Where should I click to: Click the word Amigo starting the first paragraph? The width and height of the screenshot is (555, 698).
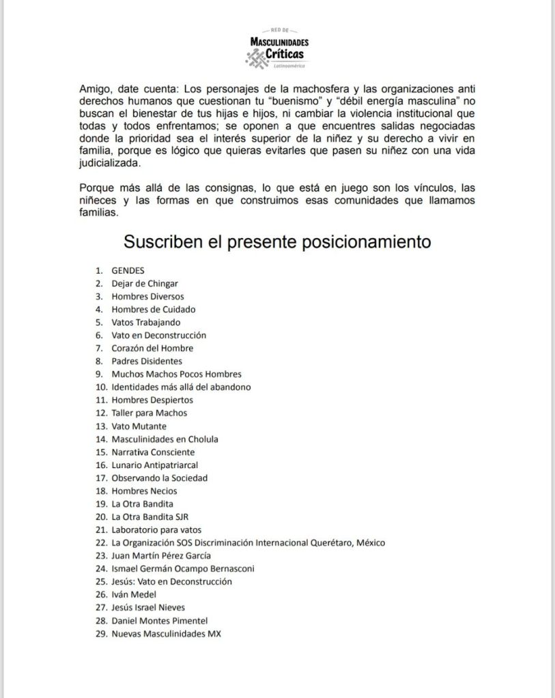pyautogui.click(x=94, y=89)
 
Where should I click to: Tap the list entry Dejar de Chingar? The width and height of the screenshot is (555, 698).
pyautogui.click(x=145, y=283)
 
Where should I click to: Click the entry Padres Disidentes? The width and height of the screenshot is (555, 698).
pyautogui.click(x=147, y=361)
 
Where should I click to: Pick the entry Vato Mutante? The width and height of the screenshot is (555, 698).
pyautogui.click(x=139, y=426)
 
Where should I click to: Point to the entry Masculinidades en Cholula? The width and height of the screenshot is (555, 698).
pyautogui.click(x=165, y=439)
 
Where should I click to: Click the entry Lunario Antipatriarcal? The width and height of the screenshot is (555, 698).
pyautogui.click(x=155, y=465)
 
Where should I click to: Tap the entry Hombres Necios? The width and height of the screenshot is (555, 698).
pyautogui.click(x=144, y=491)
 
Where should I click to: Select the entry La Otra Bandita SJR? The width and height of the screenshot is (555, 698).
pyautogui.click(x=154, y=517)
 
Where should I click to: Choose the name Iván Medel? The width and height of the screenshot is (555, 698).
pyautogui.click(x=134, y=594)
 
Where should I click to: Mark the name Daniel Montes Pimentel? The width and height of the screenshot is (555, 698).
pyautogui.click(x=159, y=620)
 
